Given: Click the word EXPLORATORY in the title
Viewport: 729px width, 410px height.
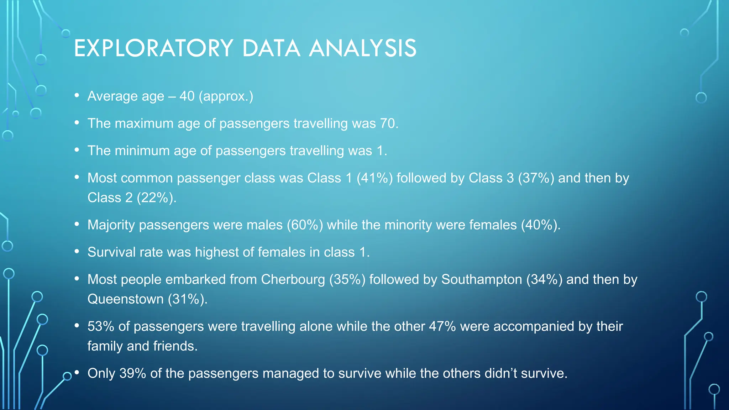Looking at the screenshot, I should click(x=153, y=48).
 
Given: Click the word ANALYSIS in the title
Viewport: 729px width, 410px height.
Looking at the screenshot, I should click(x=363, y=48).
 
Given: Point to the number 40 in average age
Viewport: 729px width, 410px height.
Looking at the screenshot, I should click(x=187, y=96).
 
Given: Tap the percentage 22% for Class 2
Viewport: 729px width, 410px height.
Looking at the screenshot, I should click(x=155, y=198).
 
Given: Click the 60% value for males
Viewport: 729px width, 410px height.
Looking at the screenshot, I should click(x=305, y=225).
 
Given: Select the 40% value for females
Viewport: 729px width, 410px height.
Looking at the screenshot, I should click(x=539, y=225).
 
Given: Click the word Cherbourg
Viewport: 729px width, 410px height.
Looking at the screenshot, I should click(x=293, y=279).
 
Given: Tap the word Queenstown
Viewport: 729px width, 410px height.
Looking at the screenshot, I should click(x=126, y=299).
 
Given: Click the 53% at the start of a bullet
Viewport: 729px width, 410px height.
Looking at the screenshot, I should click(x=101, y=326).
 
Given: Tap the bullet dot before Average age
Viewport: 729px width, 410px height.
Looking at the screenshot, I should click(x=77, y=95).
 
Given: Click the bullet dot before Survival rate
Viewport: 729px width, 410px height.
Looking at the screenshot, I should click(x=77, y=251).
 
